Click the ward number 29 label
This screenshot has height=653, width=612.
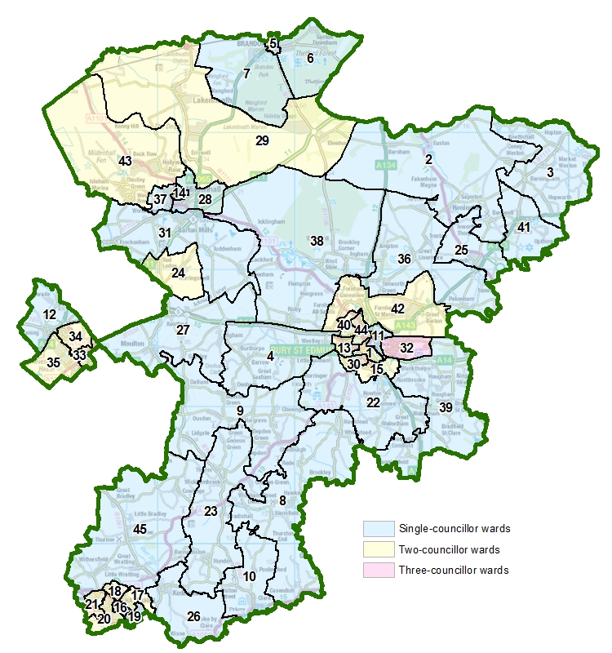[x=262, y=140]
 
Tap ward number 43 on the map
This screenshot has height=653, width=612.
[x=125, y=161]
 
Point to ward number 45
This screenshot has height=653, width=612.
[x=140, y=530]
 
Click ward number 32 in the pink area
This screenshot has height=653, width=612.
[x=406, y=348]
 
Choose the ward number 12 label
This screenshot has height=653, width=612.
[x=49, y=314]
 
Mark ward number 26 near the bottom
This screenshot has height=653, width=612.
[x=193, y=616]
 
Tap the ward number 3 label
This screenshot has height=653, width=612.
[x=550, y=172]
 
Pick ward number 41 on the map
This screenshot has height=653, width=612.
[x=523, y=227]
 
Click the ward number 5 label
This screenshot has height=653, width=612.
[x=273, y=43]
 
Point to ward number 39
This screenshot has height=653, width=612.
[x=446, y=406]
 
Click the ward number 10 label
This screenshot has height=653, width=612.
[x=249, y=576]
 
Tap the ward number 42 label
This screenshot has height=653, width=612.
[x=398, y=309]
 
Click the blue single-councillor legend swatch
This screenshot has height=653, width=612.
[x=378, y=528]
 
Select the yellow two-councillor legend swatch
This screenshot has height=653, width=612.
[x=378, y=549]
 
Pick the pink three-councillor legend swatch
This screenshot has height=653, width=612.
[x=378, y=571]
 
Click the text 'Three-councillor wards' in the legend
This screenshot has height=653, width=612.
[x=453, y=571]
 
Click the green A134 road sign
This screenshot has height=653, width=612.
[x=385, y=167]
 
